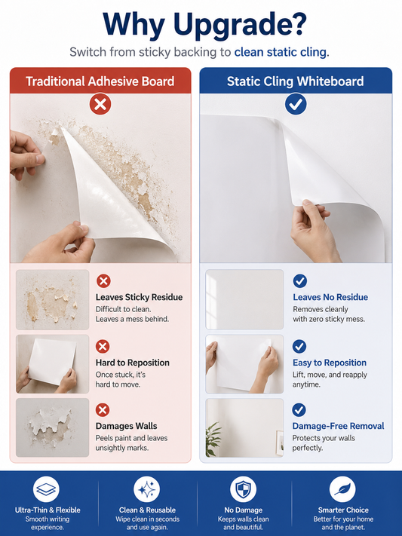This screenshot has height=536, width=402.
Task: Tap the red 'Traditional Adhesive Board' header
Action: (100, 81)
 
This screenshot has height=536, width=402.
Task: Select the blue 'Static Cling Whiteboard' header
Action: (295, 81)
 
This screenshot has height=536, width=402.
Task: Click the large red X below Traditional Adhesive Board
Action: (100, 104)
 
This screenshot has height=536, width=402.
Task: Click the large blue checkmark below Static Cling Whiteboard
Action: (296, 104)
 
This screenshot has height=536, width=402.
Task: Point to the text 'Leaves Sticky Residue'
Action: (140, 297)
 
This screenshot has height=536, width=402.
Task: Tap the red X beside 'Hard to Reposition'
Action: (103, 346)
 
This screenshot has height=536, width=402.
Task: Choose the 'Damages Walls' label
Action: (126, 426)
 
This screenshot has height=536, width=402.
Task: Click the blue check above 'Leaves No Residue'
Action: (299, 281)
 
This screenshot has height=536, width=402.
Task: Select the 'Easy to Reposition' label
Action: (330, 363)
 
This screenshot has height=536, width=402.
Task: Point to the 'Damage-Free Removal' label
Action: (338, 426)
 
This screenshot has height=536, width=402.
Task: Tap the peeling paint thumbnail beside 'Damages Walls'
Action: (52, 427)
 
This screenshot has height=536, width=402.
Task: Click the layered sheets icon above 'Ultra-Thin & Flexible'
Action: (46, 489)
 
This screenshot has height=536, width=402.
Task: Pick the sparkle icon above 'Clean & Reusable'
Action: (147, 489)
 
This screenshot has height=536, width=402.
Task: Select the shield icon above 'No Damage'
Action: (244, 489)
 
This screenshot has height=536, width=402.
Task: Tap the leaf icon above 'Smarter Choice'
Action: (342, 489)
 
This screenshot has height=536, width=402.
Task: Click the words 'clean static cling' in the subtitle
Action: (281, 52)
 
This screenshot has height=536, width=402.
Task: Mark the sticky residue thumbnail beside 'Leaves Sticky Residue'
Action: (52, 300)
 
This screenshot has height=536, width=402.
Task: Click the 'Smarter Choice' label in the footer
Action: (343, 510)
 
